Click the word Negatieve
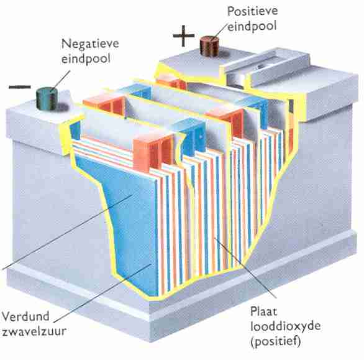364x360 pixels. point(90,44)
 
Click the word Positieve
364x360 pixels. point(252,11)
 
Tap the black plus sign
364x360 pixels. point(184,36)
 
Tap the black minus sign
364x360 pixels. point(20,87)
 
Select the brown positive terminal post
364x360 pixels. point(209,46)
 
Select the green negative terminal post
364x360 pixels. point(47,98)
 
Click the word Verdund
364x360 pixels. point(25,316)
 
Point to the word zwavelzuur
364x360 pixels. point(34,331)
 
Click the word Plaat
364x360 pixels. point(264,312)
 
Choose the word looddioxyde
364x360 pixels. point(285,326)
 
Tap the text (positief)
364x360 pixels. point(276,341)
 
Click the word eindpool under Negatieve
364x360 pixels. point(86,59)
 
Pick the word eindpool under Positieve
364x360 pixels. point(252,26)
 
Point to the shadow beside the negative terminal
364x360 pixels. point(62,107)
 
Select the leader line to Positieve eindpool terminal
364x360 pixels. point(219,32)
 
